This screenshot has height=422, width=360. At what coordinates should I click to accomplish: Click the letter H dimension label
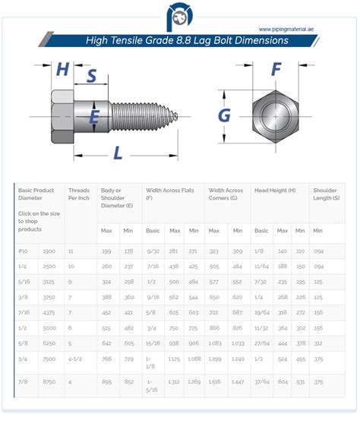point(63,70)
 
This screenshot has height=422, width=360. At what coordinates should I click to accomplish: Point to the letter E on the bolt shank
point(94,116)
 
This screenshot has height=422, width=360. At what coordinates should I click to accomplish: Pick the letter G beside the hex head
point(224,115)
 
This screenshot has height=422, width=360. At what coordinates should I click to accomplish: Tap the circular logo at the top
point(179,16)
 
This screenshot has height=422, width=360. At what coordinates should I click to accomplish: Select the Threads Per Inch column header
point(79,195)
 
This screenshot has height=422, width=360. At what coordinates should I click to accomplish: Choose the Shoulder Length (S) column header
point(327,195)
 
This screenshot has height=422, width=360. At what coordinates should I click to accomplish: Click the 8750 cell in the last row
point(49,383)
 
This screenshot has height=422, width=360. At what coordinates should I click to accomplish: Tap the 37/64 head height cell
point(262,383)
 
